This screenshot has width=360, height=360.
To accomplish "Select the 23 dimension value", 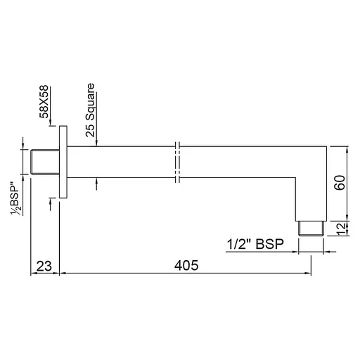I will (x=44, y=266).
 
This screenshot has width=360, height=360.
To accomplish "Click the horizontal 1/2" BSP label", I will (x=256, y=244).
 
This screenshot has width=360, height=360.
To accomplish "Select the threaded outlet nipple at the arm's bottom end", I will (x=310, y=228).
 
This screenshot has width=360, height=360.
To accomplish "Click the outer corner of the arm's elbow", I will (x=324, y=146).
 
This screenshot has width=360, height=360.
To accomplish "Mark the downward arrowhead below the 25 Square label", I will (x=96, y=142).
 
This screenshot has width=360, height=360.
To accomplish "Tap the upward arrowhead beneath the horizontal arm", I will (x=96, y=182).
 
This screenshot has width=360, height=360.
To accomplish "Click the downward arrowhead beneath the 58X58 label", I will (x=52, y=122).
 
